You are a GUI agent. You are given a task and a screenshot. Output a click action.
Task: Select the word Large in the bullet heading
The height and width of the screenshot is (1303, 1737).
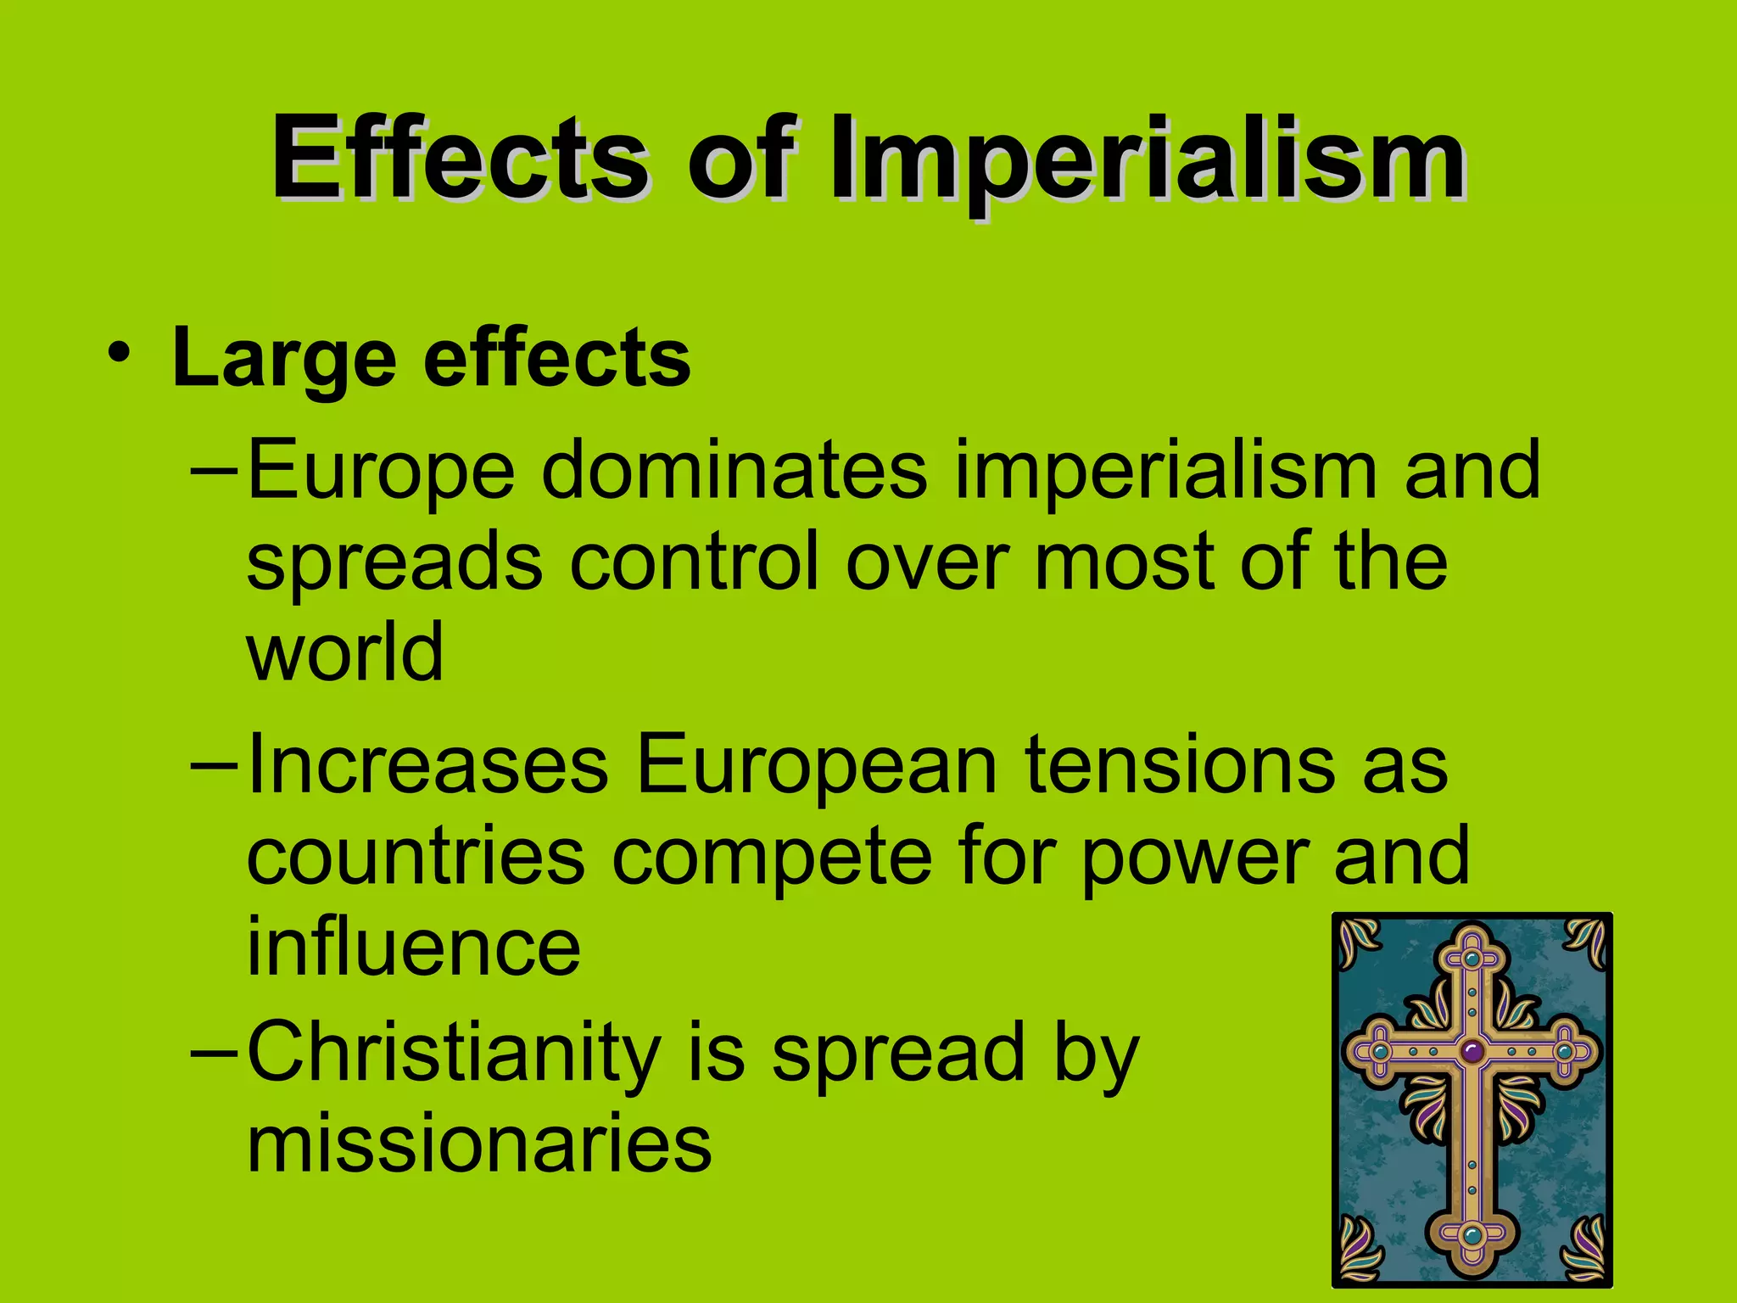coord(284,361)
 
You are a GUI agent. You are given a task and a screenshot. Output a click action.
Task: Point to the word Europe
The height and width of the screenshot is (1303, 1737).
coord(381,472)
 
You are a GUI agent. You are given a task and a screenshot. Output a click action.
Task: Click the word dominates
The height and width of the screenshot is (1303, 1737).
coord(734,470)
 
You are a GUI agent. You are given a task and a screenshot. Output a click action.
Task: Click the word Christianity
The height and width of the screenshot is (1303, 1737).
coord(454,1055)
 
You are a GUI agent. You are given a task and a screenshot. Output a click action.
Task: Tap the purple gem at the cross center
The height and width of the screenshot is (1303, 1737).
coord(1472,1052)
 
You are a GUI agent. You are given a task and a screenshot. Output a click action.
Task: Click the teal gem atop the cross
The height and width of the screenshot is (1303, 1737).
coord(1472,959)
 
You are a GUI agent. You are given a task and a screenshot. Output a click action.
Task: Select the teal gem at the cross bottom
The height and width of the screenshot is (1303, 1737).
coord(1472,1234)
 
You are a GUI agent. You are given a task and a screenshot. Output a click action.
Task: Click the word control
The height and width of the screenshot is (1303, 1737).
coord(695,562)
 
